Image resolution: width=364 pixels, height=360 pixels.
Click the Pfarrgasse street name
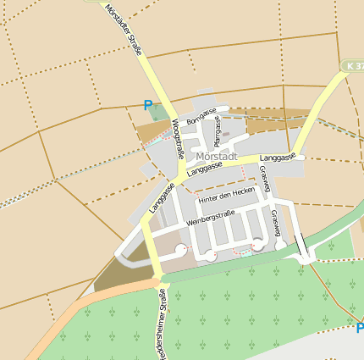[x=218, y=131]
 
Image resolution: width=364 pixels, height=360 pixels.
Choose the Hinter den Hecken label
[x=225, y=196]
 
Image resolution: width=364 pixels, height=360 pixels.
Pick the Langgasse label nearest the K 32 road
[x=278, y=158]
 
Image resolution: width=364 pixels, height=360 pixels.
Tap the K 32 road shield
[x=354, y=65]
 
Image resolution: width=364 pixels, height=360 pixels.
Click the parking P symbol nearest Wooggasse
[x=149, y=106]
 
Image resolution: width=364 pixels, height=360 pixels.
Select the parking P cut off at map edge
[x=359, y=329]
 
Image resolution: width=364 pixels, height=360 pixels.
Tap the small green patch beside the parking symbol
[x=159, y=113]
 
